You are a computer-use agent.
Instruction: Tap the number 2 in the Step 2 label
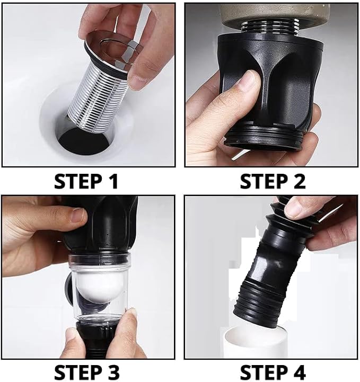coord(298,182)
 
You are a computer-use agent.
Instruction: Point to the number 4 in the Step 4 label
coord(298,372)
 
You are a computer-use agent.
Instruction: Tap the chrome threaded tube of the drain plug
coord(98,100)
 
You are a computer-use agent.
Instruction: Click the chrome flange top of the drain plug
coord(110,48)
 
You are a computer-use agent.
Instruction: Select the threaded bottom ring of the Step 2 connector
coord(264,139)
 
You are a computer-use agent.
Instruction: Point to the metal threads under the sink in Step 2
coord(270,27)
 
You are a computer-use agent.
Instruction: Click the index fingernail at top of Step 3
coord(78,215)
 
